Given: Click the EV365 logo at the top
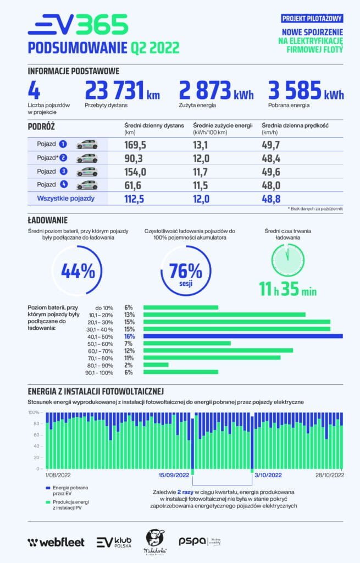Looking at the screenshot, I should click(77, 25).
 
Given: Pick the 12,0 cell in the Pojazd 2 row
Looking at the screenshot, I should click(202, 158).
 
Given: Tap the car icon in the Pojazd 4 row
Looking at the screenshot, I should click(87, 185).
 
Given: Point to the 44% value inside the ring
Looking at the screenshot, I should click(77, 271).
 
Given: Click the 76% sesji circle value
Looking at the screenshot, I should click(186, 271).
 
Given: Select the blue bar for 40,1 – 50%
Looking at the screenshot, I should click(242, 336).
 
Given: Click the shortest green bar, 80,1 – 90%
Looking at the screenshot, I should click(156, 365).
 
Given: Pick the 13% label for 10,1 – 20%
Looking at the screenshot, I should click(130, 314).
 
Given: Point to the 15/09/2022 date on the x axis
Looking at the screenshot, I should click(174, 475).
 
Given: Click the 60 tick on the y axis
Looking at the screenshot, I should click(36, 435).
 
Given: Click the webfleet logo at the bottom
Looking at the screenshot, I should click(56, 542).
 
